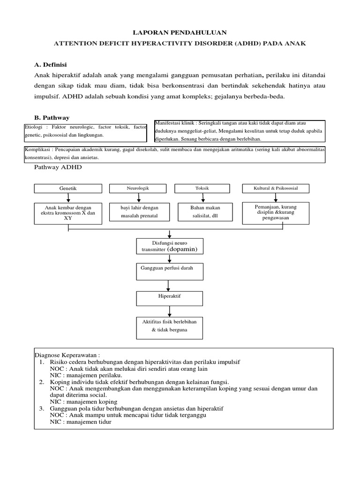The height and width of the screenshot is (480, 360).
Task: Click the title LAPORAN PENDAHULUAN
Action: click(180, 32)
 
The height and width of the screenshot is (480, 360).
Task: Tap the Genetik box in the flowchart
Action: click(68, 188)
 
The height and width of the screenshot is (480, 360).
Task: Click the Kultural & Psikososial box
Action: click(276, 188)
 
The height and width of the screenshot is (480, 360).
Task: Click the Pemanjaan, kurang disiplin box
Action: click(276, 212)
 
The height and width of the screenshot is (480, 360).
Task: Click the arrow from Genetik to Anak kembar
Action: click(68, 198)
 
